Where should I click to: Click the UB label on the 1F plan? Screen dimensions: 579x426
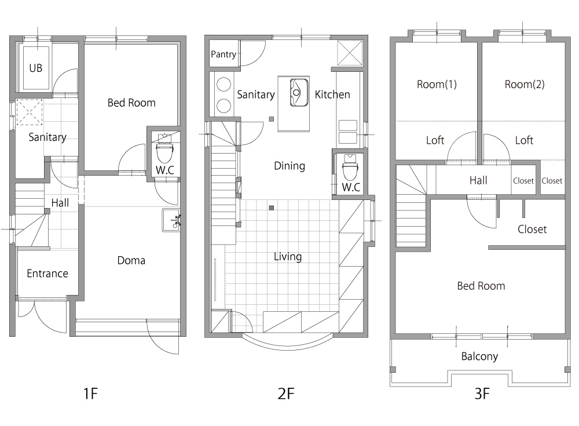click(36, 68)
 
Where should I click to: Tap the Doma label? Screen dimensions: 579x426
click(131, 260)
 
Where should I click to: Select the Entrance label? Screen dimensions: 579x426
click(47, 273)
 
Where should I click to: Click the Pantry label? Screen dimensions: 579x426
click(223, 54)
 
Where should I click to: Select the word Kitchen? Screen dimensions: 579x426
click(332, 94)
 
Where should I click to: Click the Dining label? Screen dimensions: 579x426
click(289, 166)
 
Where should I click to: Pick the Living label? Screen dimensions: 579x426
click(288, 257)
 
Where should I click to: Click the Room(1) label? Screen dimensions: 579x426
click(437, 84)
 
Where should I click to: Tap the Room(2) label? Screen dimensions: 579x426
click(525, 84)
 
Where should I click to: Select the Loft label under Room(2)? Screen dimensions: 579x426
click(525, 140)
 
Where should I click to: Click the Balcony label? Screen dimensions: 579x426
click(479, 356)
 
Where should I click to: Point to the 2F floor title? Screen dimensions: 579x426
click(286, 394)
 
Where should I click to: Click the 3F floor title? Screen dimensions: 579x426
click(482, 394)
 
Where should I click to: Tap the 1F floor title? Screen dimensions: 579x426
click(90, 394)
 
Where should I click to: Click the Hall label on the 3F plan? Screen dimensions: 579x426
click(478, 180)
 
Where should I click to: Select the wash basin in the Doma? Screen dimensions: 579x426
click(171, 220)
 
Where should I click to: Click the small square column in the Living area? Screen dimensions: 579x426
click(272, 208)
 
